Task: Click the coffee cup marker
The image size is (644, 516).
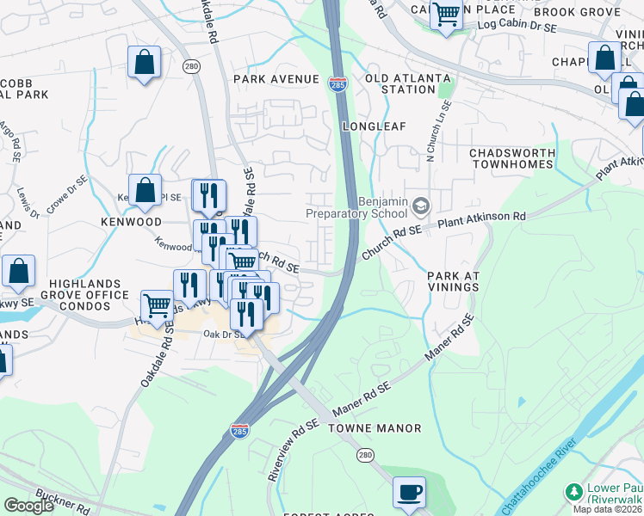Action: click(410, 493)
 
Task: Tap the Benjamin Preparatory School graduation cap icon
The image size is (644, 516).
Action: click(421, 206)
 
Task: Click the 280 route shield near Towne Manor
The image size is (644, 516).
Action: click(366, 453)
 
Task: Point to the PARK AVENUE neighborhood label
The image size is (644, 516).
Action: click(276, 79)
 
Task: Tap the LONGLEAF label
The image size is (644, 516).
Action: click(374, 126)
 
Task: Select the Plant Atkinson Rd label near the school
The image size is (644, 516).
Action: click(481, 219)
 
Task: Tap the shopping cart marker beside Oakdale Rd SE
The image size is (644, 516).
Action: click(157, 304)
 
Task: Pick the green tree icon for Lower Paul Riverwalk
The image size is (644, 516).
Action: click(573, 491)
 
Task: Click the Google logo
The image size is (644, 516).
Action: click(28, 506)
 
